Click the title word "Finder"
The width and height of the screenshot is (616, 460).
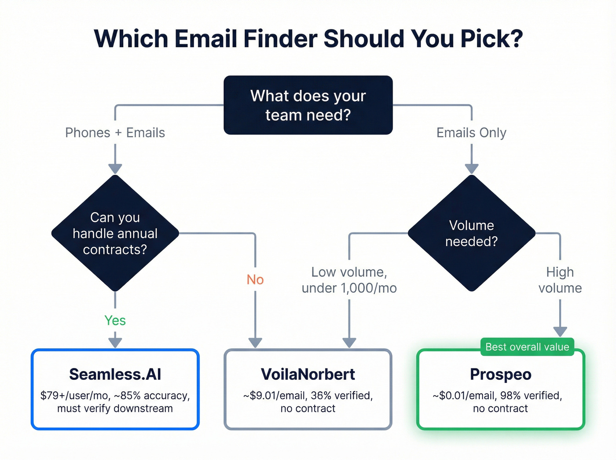click(280, 39)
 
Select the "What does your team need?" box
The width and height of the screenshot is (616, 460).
click(308, 105)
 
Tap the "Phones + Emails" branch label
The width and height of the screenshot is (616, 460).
click(115, 132)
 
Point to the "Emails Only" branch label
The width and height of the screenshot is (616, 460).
click(471, 132)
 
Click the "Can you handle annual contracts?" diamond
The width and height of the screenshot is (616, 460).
click(115, 233)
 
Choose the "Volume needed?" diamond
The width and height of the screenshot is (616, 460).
click(471, 233)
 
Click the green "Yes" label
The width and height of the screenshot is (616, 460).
click(115, 320)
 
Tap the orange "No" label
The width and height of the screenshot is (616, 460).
click(255, 280)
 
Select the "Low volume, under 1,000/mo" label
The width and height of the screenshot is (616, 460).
click(349, 280)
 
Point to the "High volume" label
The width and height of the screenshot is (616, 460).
click(560, 280)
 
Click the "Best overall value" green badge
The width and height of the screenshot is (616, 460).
click(527, 347)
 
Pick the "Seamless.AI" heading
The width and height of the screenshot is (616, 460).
click(115, 374)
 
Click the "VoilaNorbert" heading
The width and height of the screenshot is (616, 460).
click(308, 374)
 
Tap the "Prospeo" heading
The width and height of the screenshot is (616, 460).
click(501, 374)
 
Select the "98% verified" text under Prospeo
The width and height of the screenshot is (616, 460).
click(531, 395)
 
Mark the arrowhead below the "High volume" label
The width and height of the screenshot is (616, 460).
click(560, 331)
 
